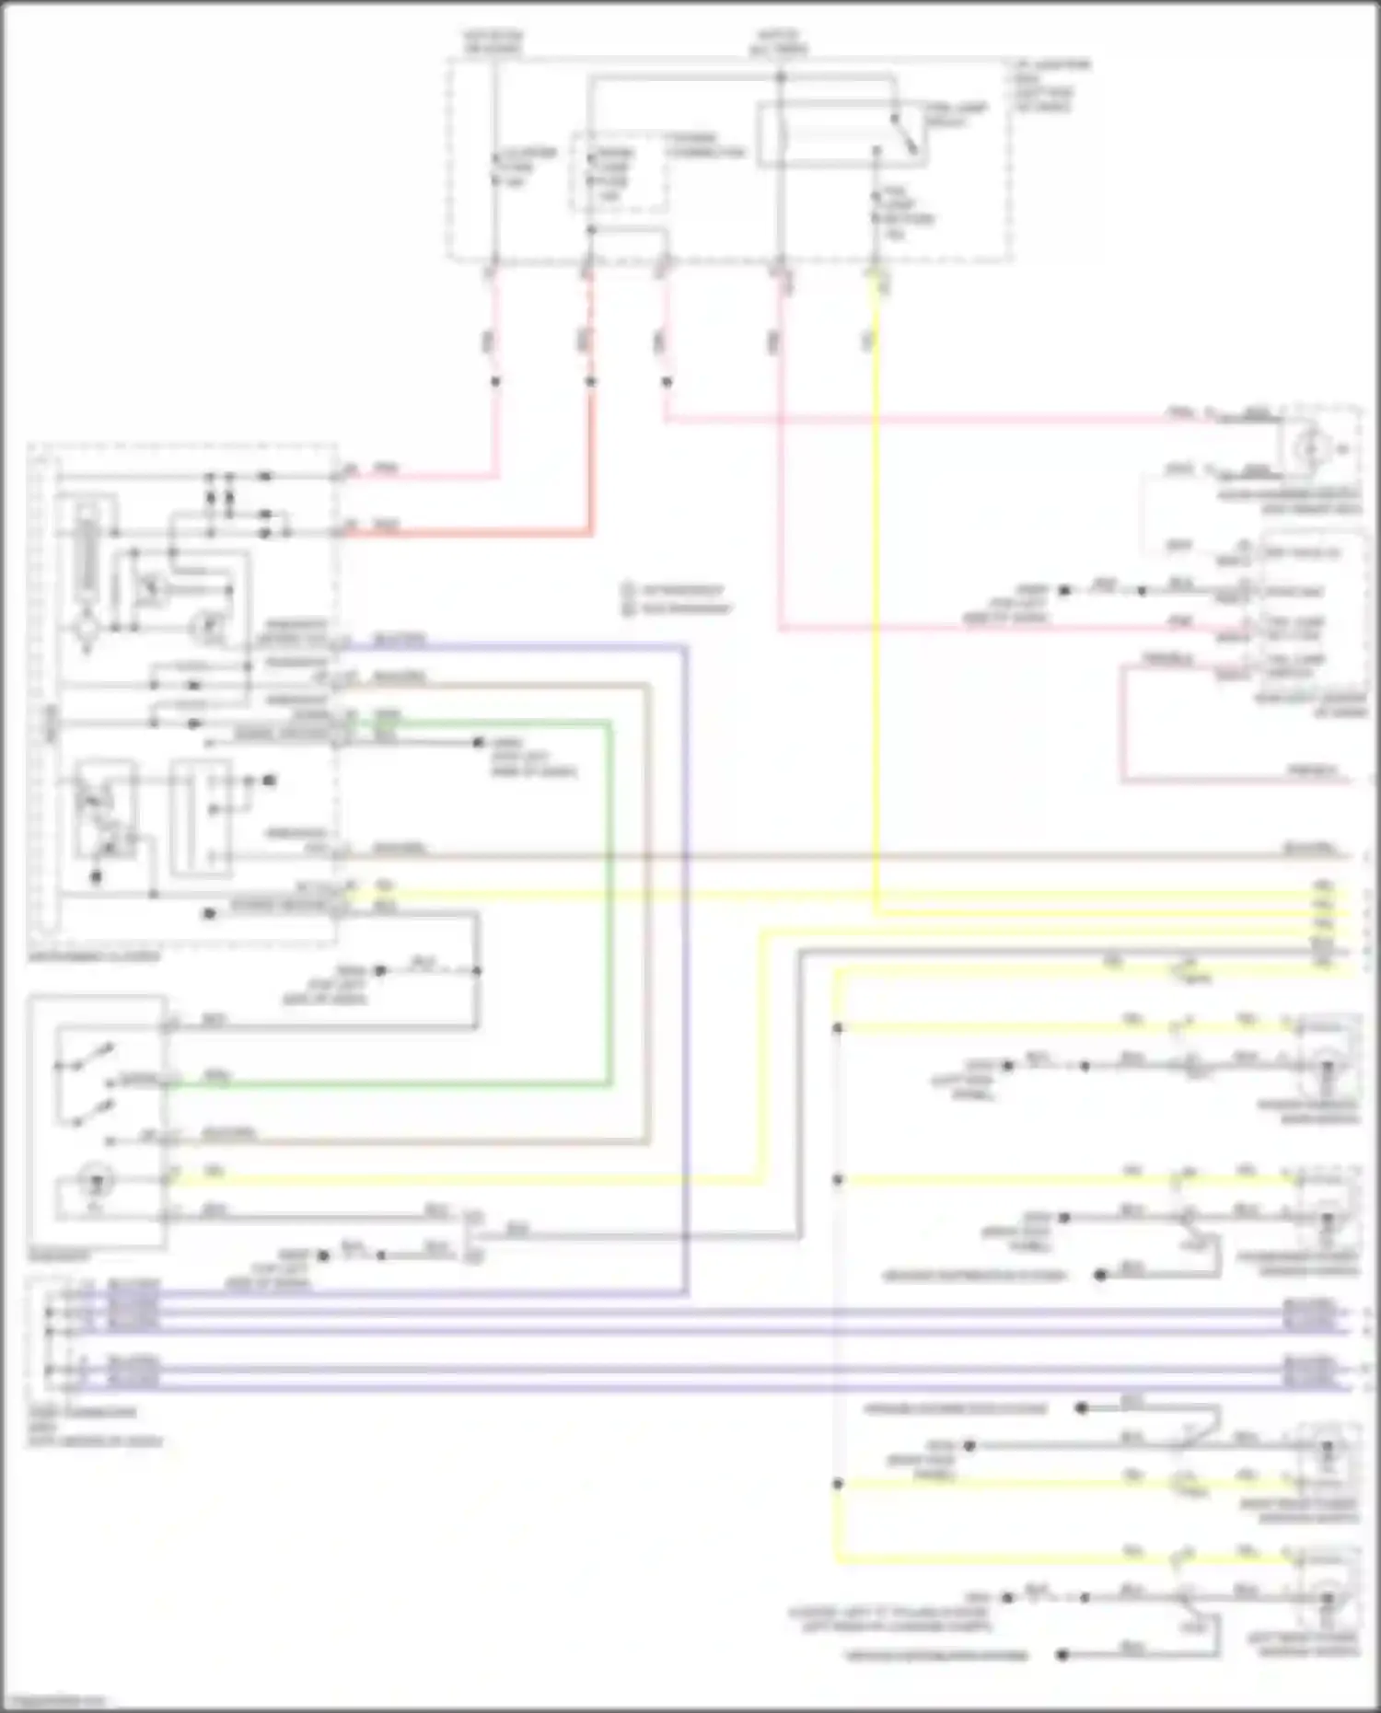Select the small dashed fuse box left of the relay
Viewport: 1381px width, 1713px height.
[x=618, y=172]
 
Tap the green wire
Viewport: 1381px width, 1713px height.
[x=609, y=902]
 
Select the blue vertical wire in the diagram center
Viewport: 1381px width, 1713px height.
[x=686, y=966]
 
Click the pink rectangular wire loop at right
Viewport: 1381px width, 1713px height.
[x=1122, y=727]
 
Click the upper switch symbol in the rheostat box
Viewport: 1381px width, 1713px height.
[x=87, y=1059]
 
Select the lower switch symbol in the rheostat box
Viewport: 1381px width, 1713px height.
[x=87, y=1114]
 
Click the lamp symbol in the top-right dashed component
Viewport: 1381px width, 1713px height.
[x=1309, y=449]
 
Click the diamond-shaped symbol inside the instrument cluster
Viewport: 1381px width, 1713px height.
[x=88, y=631]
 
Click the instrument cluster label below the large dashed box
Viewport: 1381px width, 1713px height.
[x=93, y=956]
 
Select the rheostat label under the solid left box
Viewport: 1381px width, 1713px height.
[x=59, y=1256]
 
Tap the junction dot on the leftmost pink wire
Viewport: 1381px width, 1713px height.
[x=495, y=381]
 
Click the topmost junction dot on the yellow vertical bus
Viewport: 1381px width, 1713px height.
[x=837, y=1028]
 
